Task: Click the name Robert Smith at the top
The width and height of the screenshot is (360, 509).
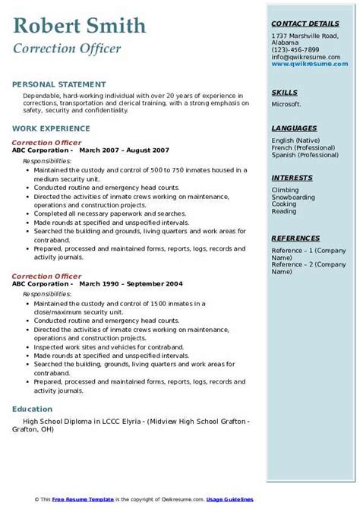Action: pos(79,27)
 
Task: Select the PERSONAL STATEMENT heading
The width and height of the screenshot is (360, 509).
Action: pos(59,84)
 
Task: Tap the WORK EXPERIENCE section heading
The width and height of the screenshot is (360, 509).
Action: pos(52,128)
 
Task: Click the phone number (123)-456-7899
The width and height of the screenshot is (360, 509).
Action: pos(295,49)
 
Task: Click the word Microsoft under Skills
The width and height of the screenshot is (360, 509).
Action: pos(286,105)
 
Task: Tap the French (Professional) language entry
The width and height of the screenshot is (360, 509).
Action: pos(304,149)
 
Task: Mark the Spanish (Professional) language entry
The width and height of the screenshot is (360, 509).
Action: pos(305,156)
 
